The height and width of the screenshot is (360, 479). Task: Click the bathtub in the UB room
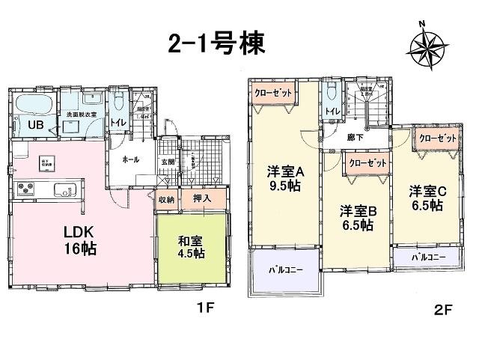coord(33,105)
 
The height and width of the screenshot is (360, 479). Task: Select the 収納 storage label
coord(165,200)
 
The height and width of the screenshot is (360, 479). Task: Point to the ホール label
coord(130,159)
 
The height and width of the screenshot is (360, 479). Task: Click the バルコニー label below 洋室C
coord(430,257)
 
